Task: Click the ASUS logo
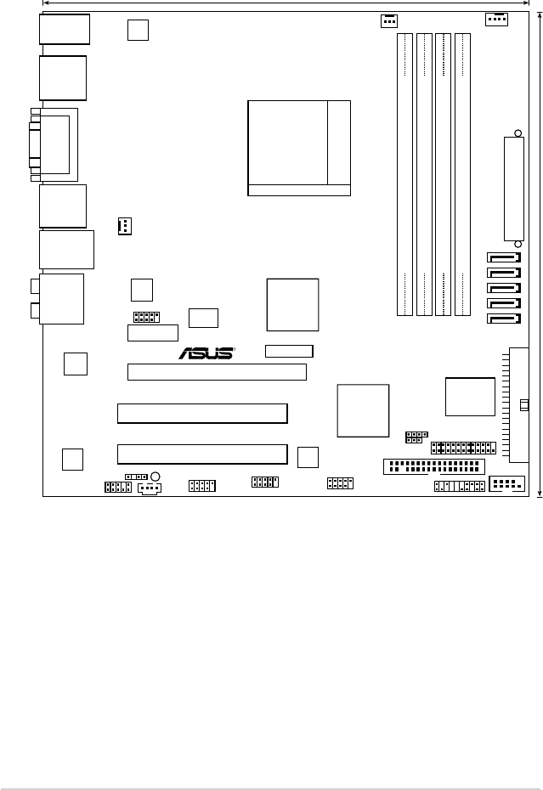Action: (206, 353)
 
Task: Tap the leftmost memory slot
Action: (404, 174)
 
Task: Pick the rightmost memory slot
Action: (463, 174)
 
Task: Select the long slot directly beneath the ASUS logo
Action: (217, 371)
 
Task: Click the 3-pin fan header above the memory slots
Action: (389, 19)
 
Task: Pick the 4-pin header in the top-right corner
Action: (495, 19)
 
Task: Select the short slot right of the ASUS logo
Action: (289, 351)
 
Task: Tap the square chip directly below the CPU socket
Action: (293, 304)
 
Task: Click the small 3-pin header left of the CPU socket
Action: (124, 226)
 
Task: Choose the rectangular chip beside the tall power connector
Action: (471, 396)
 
